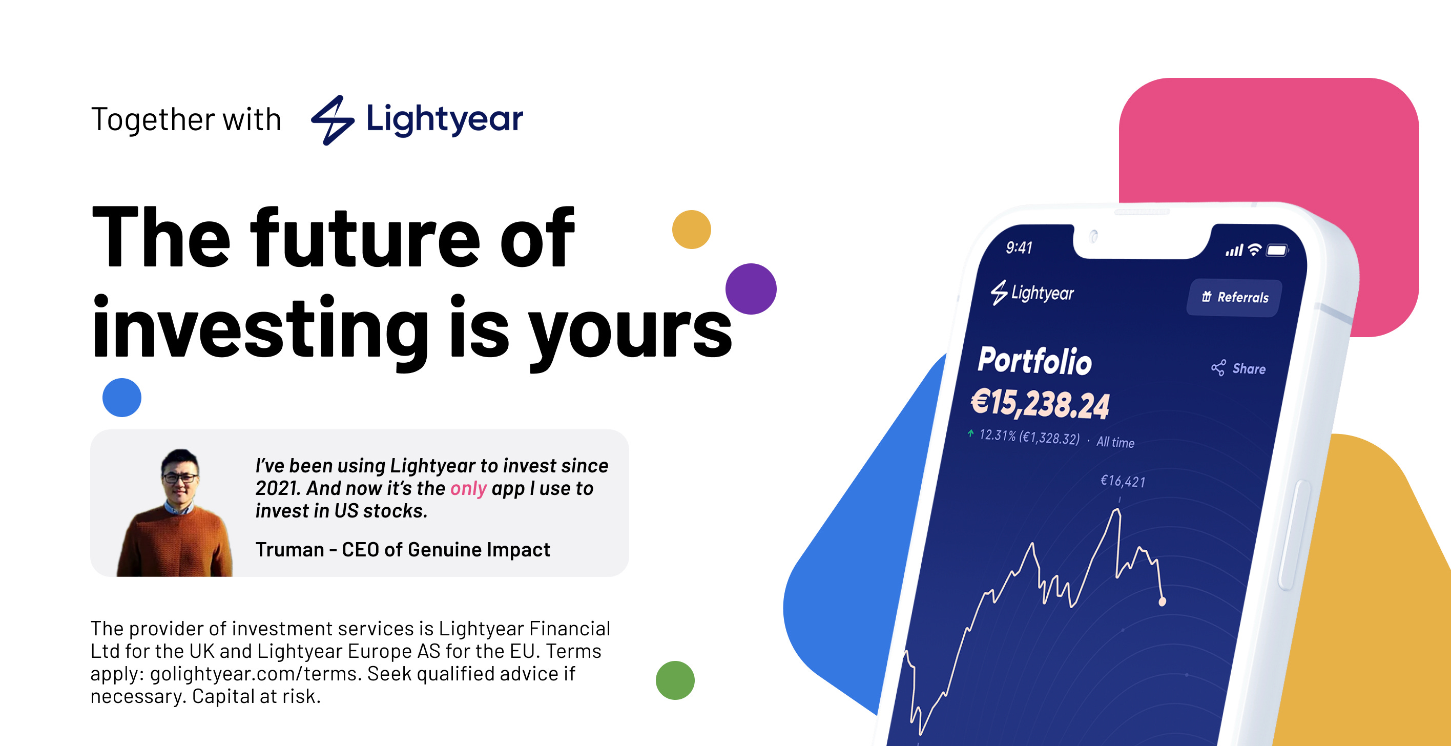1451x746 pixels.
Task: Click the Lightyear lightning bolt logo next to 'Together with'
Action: pyautogui.click(x=333, y=119)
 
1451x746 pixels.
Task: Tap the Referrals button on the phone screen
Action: pyautogui.click(x=1235, y=297)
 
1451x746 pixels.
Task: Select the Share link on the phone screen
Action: pyautogui.click(x=1239, y=368)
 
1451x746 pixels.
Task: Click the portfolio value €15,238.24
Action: pyautogui.click(x=1040, y=403)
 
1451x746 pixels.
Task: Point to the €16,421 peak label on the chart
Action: pyautogui.click(x=1123, y=481)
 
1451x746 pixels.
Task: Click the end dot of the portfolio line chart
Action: pyautogui.click(x=1162, y=602)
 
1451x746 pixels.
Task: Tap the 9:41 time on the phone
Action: pyautogui.click(x=1019, y=247)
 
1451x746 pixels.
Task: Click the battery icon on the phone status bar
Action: pyautogui.click(x=1277, y=250)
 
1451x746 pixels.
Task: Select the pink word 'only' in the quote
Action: pyautogui.click(x=468, y=488)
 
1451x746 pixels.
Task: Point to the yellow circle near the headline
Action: pyautogui.click(x=691, y=230)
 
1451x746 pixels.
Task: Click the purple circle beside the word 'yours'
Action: pyautogui.click(x=751, y=288)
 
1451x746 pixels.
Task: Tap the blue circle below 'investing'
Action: pyautogui.click(x=121, y=397)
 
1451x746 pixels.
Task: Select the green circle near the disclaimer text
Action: pyautogui.click(x=675, y=680)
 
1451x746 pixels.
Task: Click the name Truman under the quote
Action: pyautogui.click(x=289, y=549)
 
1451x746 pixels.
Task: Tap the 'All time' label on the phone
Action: pyautogui.click(x=1115, y=442)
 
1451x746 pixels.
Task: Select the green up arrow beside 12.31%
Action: pyautogui.click(x=970, y=433)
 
